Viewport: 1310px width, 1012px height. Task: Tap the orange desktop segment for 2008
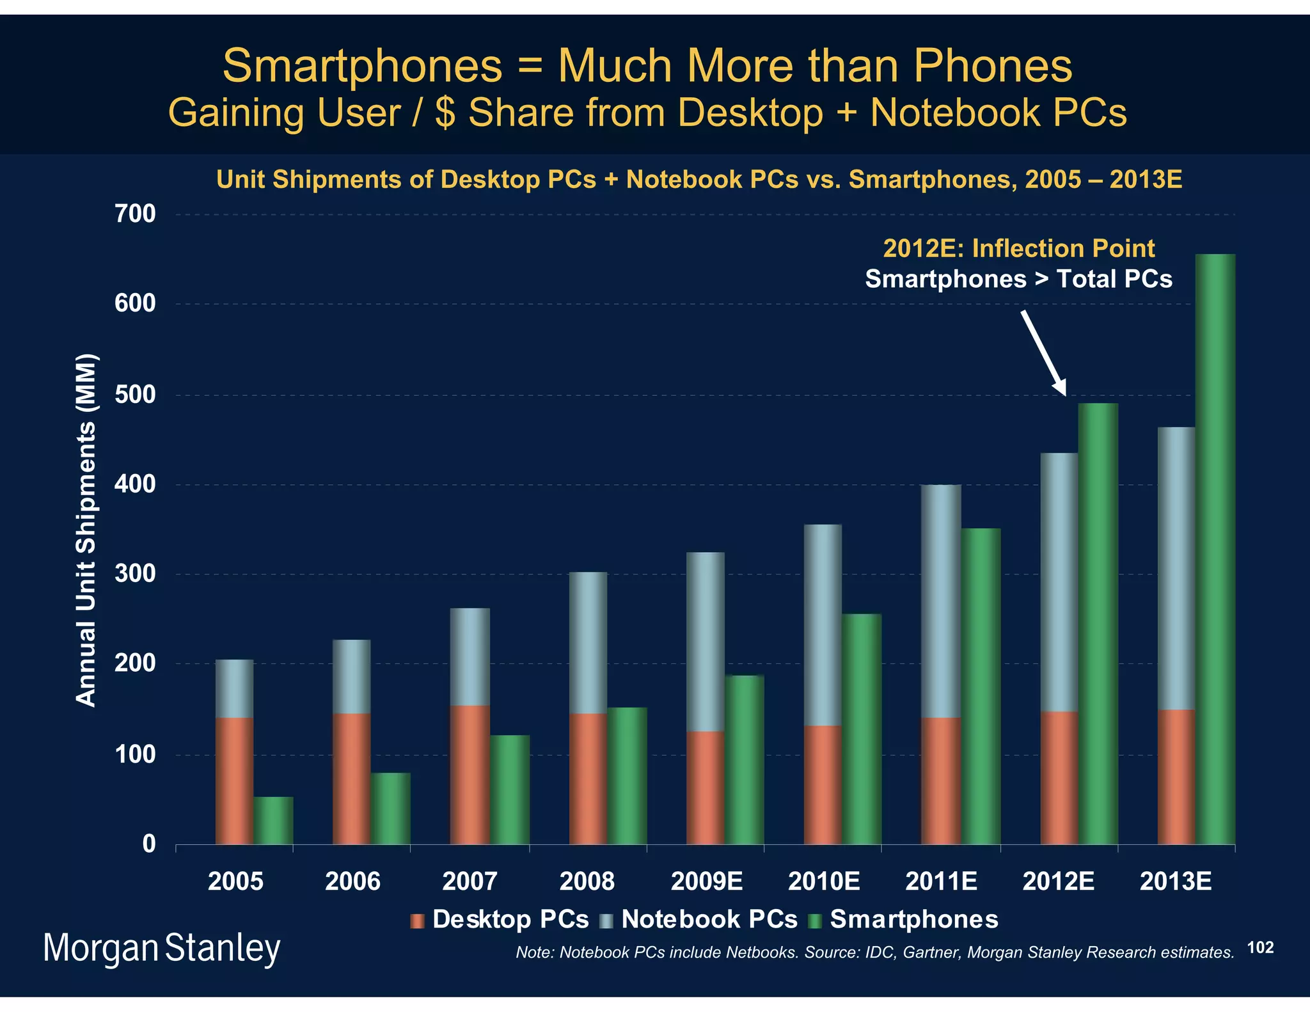588,779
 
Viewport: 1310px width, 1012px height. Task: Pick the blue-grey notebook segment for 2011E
941,601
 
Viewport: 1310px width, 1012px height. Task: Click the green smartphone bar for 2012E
1098,624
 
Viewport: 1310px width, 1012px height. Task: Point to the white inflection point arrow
1044,352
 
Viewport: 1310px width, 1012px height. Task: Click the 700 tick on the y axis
135,214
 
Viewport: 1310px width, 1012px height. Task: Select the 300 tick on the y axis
135,574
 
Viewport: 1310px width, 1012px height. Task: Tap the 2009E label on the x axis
706,882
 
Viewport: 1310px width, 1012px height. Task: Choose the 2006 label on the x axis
352,882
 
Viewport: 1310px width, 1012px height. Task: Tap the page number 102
1260,947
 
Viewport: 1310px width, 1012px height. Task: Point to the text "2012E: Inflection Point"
1018,248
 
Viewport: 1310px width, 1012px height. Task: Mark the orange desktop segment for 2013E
1176,777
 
